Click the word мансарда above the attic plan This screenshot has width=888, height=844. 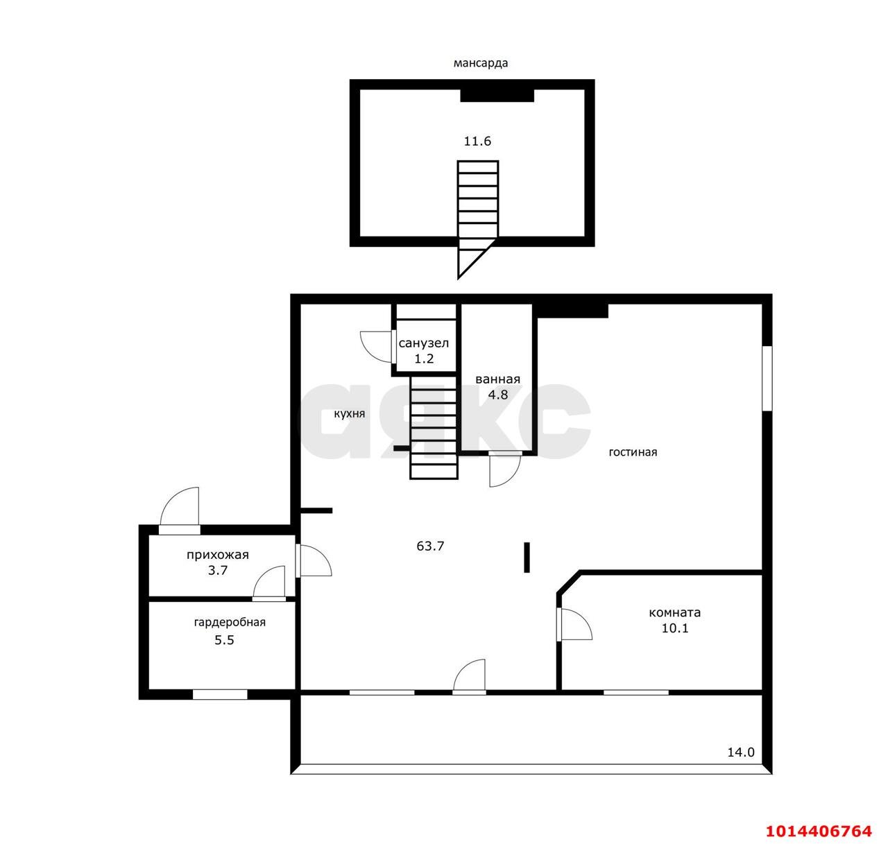480,63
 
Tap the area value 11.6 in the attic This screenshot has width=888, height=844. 477,141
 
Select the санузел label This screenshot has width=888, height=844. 424,343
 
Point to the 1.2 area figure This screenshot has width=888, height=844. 424,359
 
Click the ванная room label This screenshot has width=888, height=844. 497,379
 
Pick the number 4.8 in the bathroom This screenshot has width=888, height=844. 497,395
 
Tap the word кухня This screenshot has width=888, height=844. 350,413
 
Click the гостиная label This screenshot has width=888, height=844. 633,452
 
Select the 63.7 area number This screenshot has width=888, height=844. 430,546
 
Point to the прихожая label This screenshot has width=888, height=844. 218,555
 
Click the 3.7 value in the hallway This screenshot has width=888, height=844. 218,570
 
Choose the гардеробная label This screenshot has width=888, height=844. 230,622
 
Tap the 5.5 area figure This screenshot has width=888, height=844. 225,640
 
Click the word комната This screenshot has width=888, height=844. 675,613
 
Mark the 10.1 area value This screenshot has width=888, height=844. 675,628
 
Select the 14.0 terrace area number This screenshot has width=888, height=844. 741,752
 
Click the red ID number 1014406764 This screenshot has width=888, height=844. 819,830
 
